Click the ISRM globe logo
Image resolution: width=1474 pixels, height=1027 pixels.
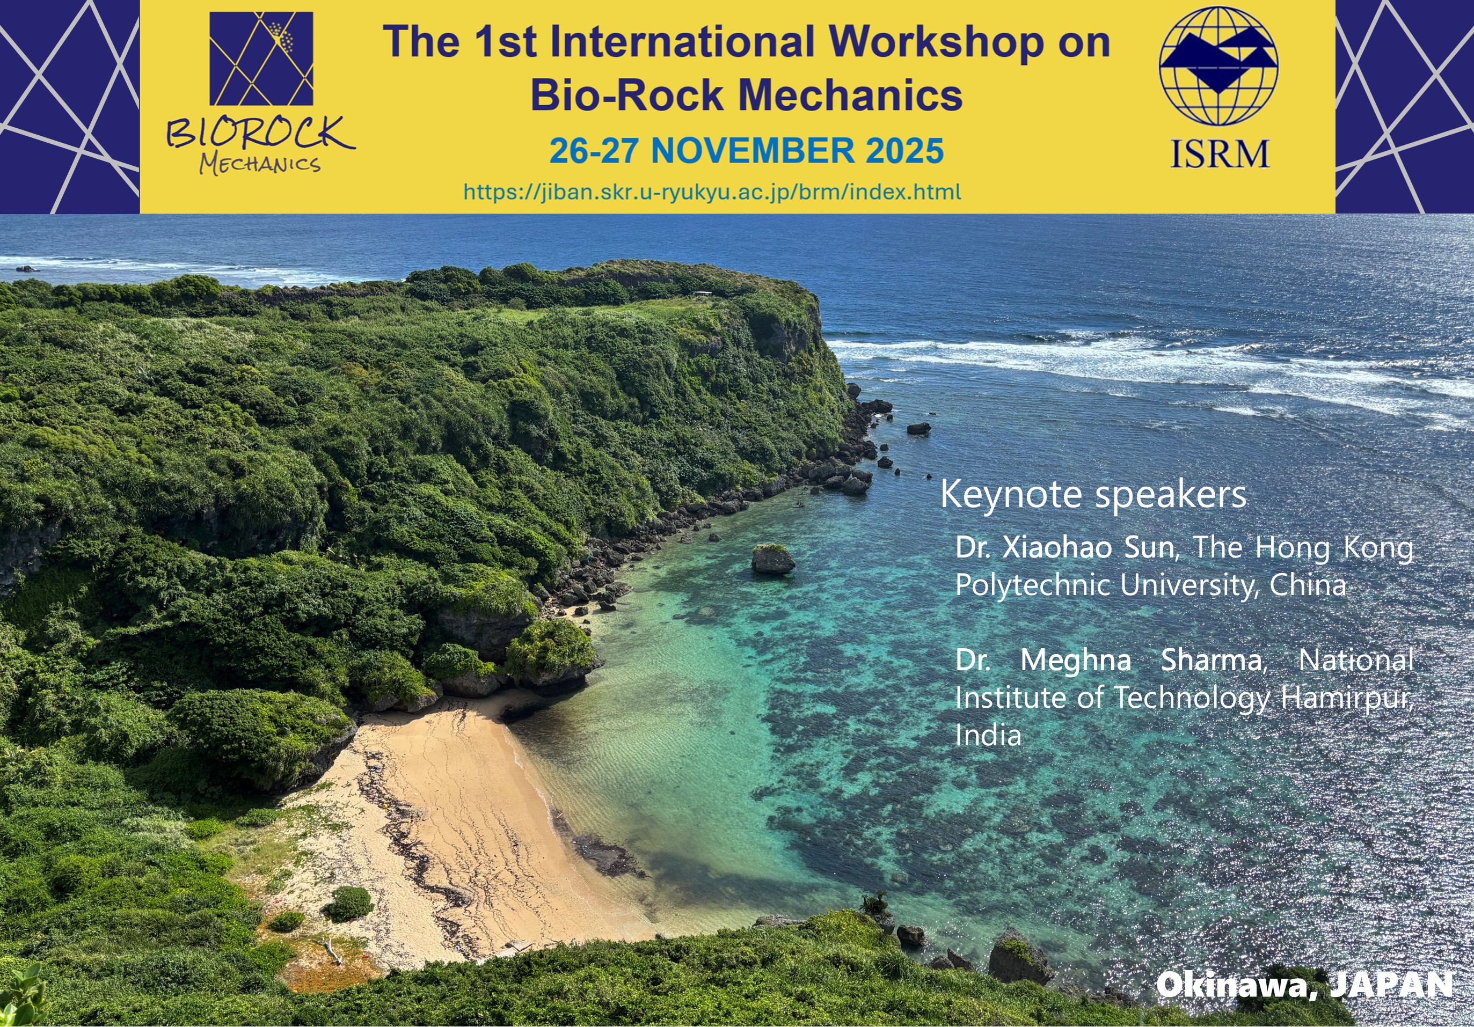(1218, 66)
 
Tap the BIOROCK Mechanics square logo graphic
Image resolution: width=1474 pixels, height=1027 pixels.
(261, 58)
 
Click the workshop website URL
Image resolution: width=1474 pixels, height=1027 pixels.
(712, 192)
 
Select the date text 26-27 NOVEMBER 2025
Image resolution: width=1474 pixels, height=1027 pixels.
(747, 151)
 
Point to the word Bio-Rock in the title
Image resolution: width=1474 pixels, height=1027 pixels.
(626, 95)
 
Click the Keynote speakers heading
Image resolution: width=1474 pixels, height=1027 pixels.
(1093, 495)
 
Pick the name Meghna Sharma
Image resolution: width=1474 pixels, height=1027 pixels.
(1141, 661)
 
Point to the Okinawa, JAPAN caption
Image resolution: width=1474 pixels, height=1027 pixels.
(1304, 985)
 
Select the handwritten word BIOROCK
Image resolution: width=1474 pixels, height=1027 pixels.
(260, 133)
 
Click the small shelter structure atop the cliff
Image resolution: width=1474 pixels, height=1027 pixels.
(702, 294)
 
